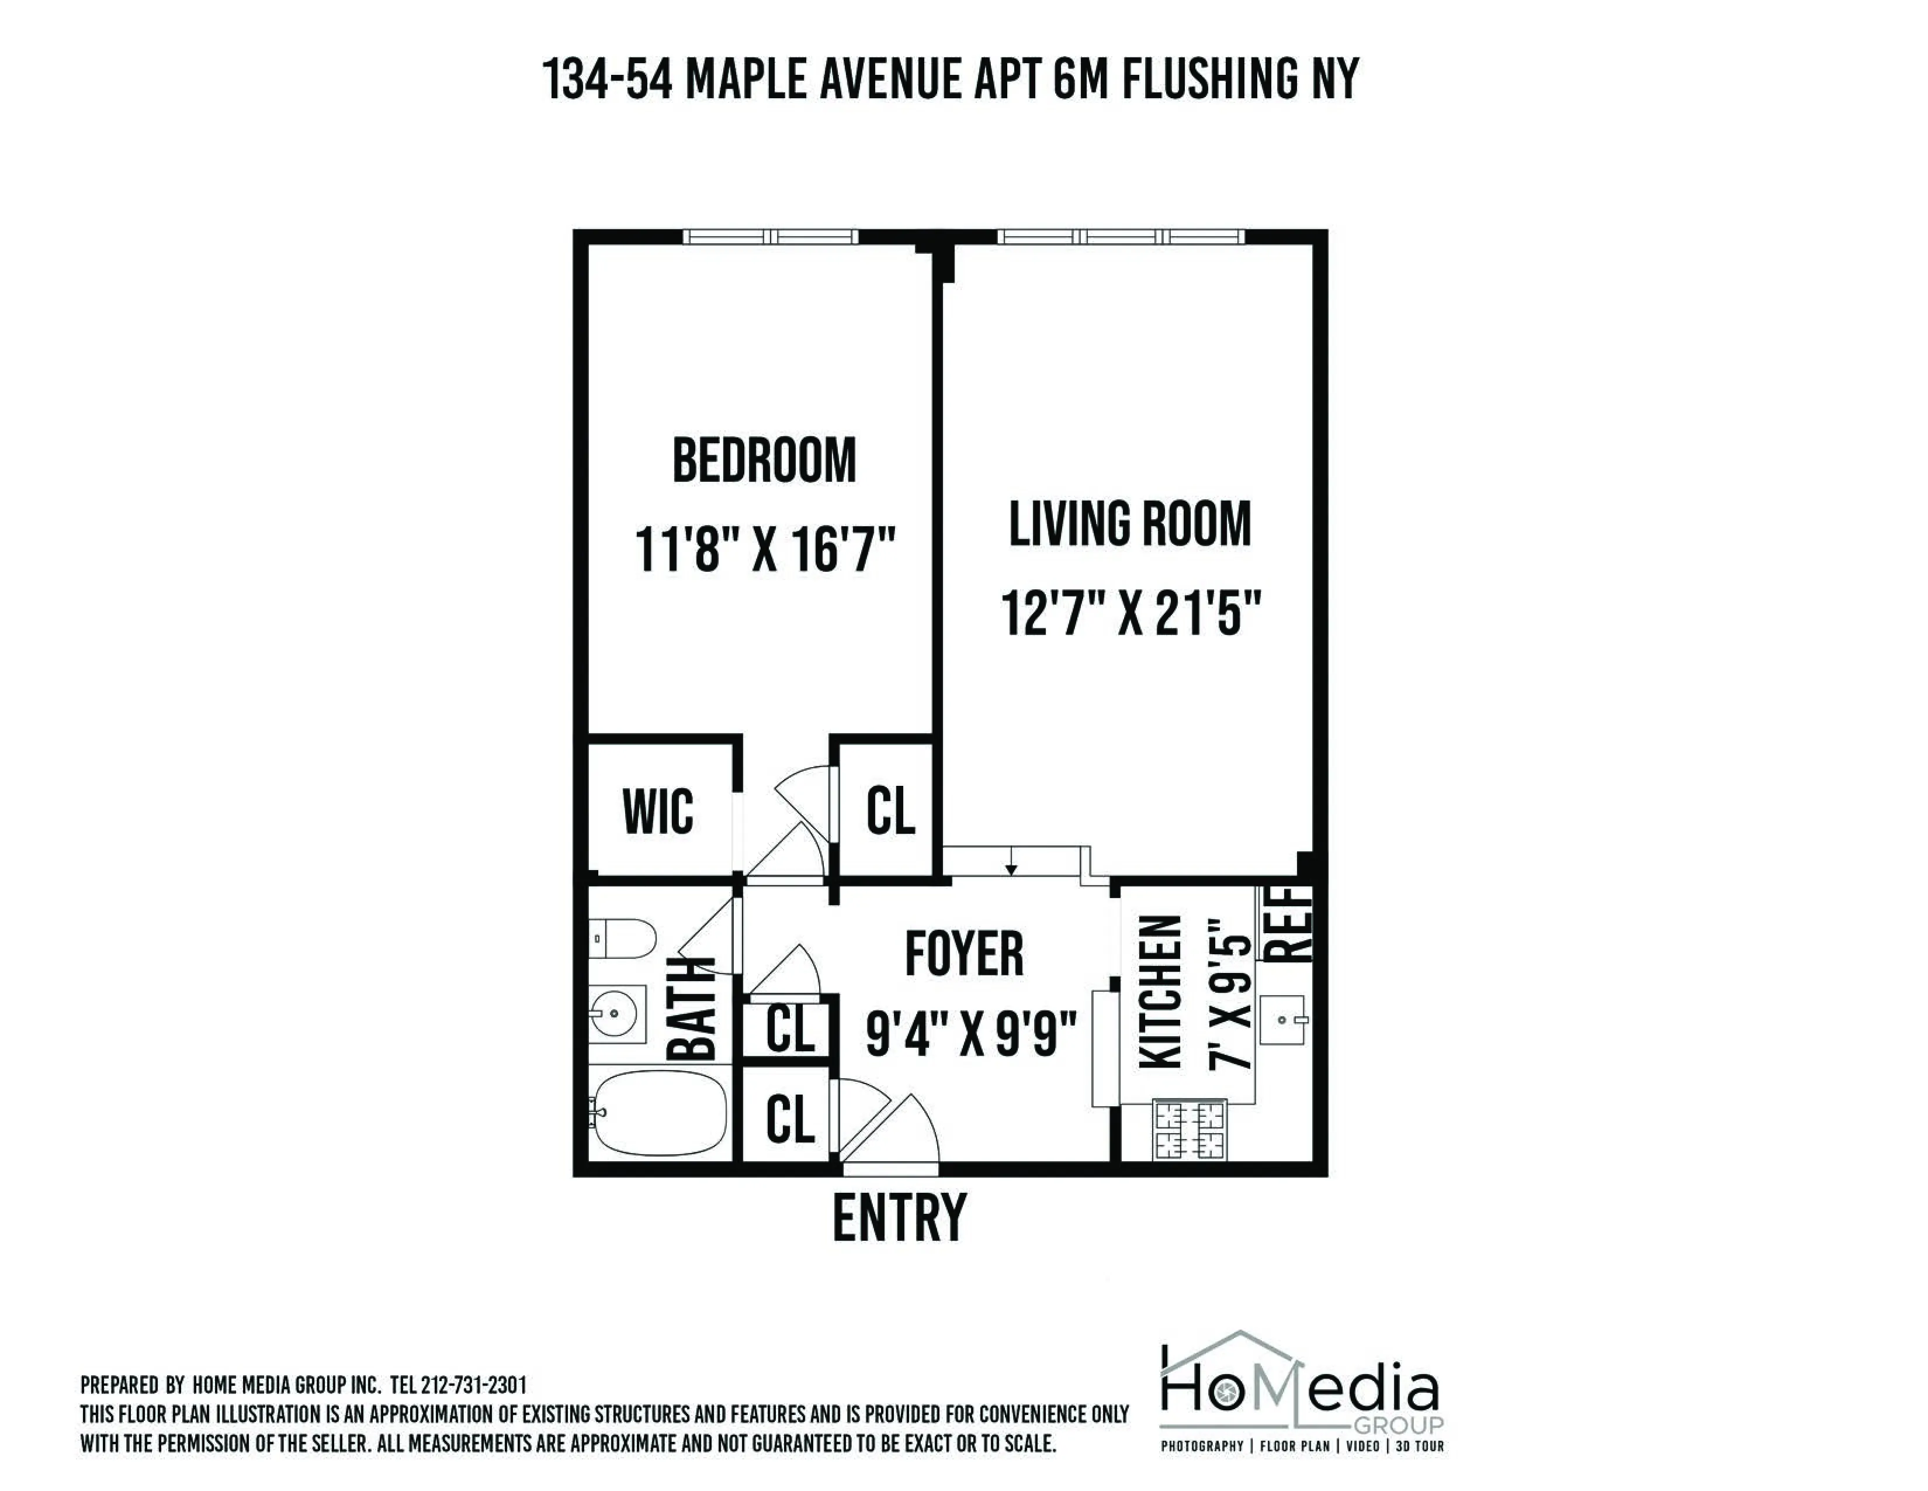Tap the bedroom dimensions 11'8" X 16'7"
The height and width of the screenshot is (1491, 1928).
tap(765, 550)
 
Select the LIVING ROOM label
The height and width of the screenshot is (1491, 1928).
tap(1130, 524)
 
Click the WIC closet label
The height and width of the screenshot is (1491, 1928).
tap(658, 811)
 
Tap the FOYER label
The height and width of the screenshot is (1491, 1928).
tap(964, 954)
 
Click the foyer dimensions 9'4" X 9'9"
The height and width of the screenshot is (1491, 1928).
tap(971, 1034)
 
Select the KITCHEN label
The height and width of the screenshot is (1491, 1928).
tap(1160, 992)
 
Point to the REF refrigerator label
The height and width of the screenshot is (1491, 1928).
tap(1291, 923)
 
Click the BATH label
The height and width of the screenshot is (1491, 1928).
tap(691, 1007)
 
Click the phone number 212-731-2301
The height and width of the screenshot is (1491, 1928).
tap(473, 1385)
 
